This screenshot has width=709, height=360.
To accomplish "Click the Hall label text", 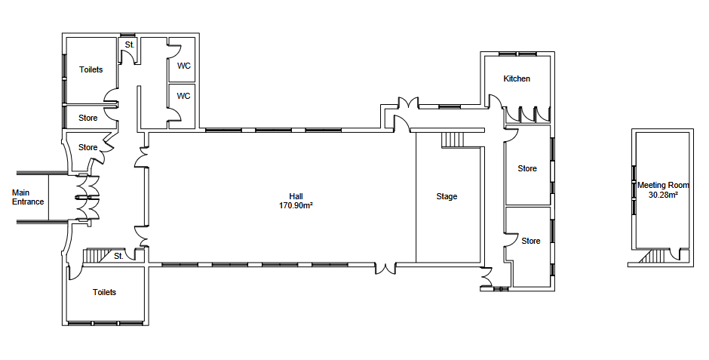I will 296,196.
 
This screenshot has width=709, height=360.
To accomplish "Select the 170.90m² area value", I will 296,205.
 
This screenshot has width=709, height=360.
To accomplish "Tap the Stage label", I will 447,197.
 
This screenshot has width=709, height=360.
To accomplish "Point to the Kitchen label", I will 517,79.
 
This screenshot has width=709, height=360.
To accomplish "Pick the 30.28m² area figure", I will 663,195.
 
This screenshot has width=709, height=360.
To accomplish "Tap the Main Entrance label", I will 28,198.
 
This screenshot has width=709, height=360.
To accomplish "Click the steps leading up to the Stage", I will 450,140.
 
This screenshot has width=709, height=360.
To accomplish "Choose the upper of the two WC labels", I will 183,66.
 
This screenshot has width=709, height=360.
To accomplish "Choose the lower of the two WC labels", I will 183,96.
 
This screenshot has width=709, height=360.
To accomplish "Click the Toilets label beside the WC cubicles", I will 91,70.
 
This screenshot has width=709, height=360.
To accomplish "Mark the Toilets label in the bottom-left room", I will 104,292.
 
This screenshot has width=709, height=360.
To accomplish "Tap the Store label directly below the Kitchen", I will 527,168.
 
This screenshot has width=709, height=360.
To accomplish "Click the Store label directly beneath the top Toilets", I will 88,118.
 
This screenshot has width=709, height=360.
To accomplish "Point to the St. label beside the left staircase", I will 118,256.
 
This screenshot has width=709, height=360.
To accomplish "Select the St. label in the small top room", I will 129,45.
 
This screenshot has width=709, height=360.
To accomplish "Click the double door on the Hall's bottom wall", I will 386,267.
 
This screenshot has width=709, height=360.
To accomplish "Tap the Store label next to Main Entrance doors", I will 88,147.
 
